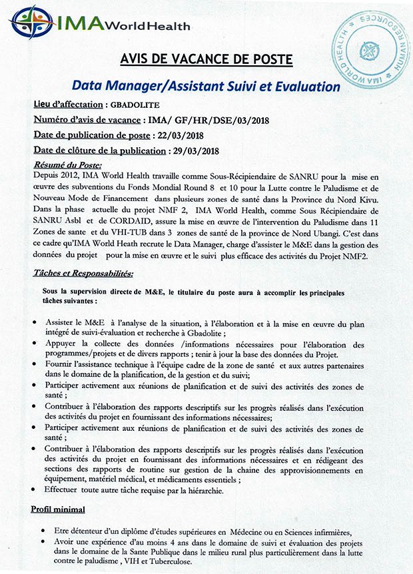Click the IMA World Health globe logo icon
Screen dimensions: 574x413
(31, 24)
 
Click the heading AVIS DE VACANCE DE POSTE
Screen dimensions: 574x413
(206, 59)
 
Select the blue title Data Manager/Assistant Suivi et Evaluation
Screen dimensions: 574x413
(206, 87)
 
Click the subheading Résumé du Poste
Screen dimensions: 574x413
(67, 165)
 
